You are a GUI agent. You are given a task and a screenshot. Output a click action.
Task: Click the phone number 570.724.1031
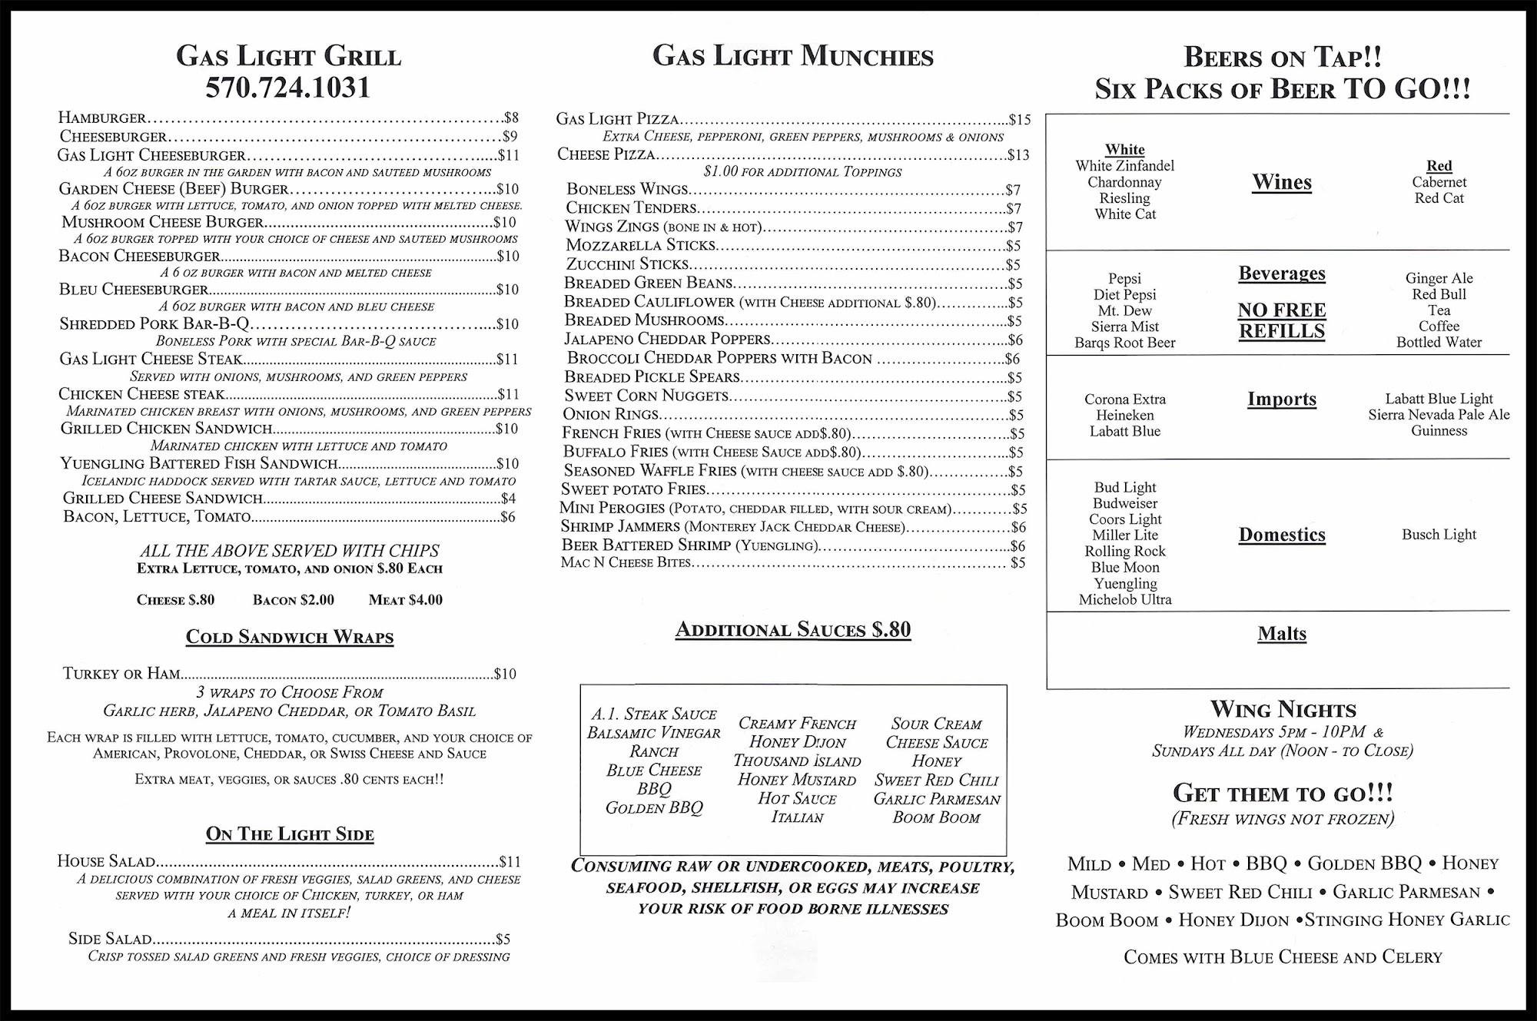[288, 88]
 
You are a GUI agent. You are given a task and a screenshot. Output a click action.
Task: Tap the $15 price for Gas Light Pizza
[1020, 120]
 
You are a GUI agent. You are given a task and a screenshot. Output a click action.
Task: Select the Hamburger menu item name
[102, 118]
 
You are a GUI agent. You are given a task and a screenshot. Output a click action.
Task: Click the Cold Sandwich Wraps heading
[290, 637]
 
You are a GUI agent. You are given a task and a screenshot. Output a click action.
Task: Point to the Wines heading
[1282, 183]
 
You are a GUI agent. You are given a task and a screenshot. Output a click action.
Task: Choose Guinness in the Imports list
[1439, 431]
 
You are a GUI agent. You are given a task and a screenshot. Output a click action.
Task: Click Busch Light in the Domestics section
[1439, 535]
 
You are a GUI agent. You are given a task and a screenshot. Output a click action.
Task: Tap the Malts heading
[1282, 634]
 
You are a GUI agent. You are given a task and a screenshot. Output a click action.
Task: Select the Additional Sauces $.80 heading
[793, 630]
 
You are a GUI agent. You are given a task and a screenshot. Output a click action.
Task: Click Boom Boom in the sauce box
[936, 818]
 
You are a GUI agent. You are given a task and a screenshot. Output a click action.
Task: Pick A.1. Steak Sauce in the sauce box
[653, 714]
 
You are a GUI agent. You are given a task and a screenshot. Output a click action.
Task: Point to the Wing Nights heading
[1283, 709]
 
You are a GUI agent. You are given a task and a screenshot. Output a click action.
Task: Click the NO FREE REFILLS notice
[1282, 320]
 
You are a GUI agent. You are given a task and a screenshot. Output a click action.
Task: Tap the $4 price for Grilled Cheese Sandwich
[508, 499]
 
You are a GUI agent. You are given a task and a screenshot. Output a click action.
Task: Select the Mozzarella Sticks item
[640, 245]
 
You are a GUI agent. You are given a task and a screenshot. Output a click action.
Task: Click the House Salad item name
[106, 862]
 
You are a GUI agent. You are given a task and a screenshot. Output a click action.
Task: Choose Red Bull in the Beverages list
[1439, 294]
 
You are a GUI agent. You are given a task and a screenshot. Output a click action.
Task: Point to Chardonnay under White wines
[1124, 182]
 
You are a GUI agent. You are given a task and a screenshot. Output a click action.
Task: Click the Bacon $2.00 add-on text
[294, 600]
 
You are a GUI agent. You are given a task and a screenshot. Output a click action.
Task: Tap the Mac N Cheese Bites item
[626, 563]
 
